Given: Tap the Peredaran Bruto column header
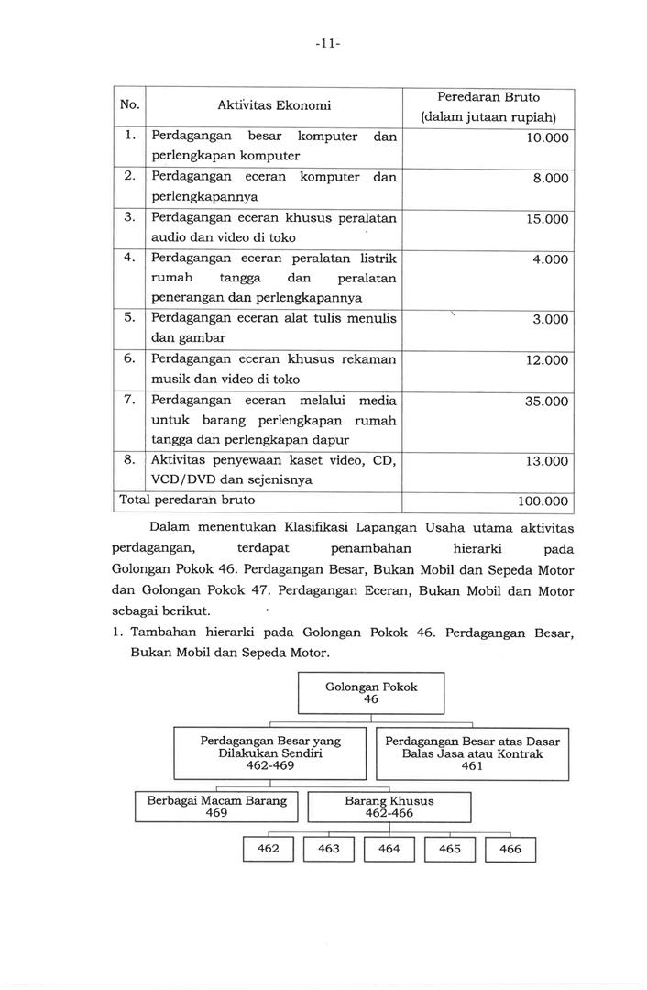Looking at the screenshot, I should pos(488,106).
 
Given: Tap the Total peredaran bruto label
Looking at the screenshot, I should pos(184,500).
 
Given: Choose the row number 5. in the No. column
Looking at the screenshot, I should pos(131,317).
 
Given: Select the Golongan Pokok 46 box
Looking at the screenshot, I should pos(371,692).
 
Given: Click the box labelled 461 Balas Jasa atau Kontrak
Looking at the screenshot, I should pos(472,753).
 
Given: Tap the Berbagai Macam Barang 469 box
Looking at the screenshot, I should pos(217,806).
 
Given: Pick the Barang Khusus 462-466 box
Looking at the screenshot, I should pos(389,807).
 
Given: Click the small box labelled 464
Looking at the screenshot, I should pos(389,849).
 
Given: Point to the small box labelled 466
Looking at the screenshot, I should pos(510,849).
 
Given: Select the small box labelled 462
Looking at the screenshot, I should pos(268,849).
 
